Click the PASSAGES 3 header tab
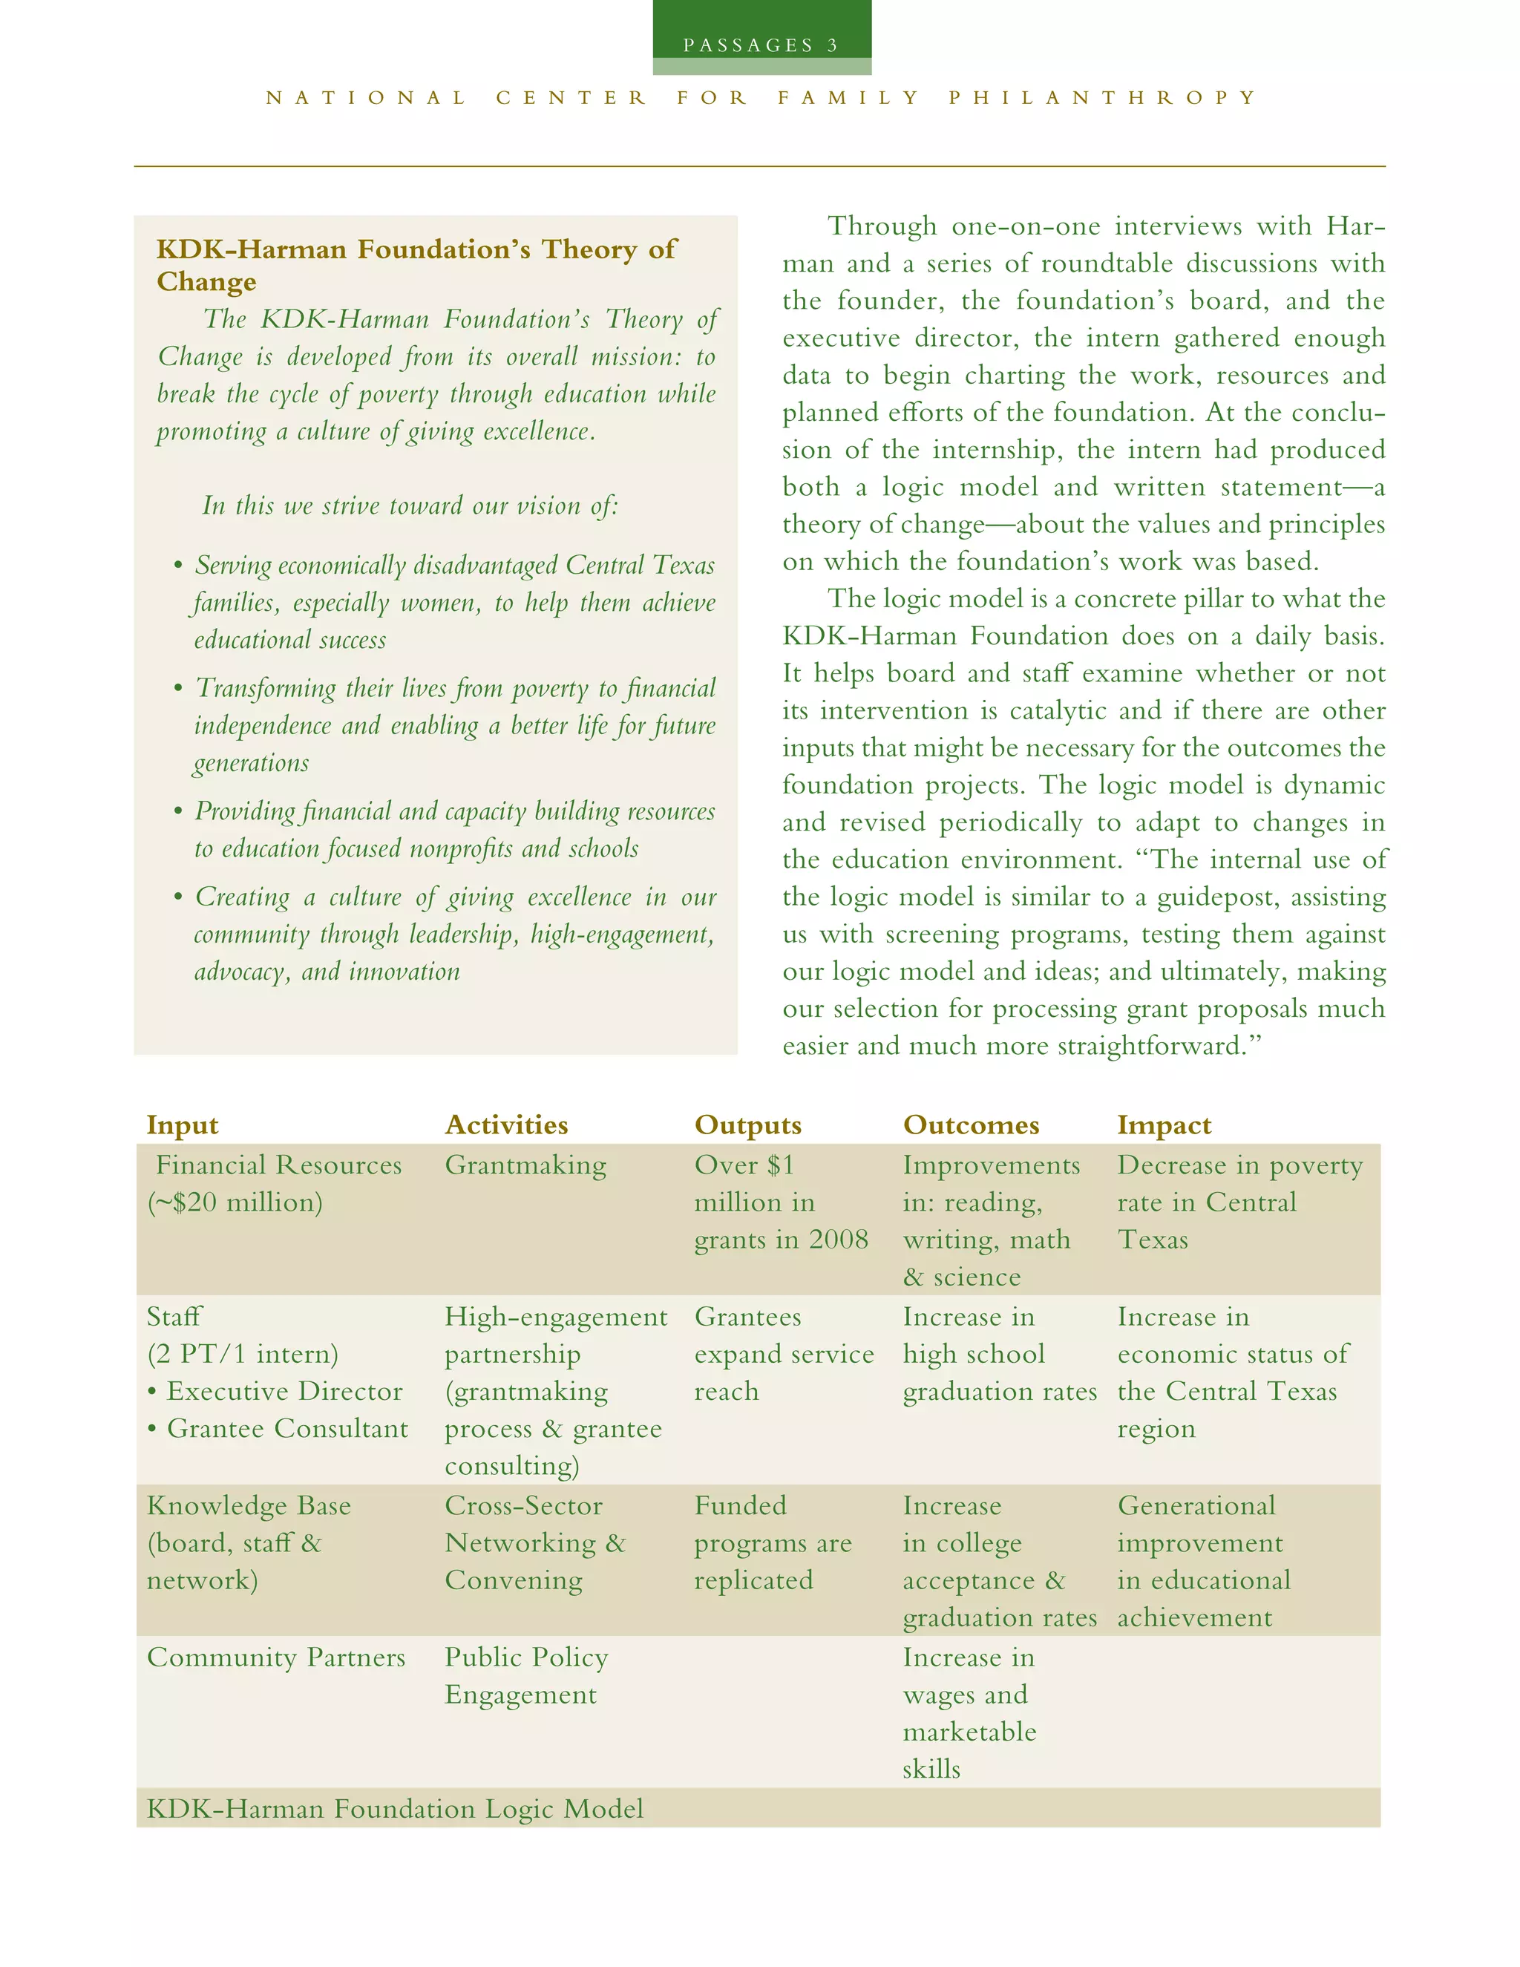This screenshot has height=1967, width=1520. (x=761, y=45)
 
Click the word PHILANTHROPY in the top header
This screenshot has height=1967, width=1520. (x=1102, y=97)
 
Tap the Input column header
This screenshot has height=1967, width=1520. (x=182, y=1125)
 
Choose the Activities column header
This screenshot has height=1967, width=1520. (x=506, y=1125)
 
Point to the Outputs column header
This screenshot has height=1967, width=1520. (x=747, y=1125)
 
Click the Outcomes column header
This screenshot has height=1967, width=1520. (x=971, y=1125)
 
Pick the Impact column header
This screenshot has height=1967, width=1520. (x=1164, y=1125)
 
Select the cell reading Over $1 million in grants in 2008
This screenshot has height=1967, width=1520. (x=780, y=1202)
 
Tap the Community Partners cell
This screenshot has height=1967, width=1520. (x=275, y=1658)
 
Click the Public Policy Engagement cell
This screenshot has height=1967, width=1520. (x=526, y=1676)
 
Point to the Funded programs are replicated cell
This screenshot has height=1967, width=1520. (x=772, y=1543)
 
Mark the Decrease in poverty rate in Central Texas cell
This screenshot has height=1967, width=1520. (x=1239, y=1202)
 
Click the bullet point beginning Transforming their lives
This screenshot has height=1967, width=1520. (x=453, y=725)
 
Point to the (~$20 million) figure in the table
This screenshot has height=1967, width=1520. (x=235, y=1203)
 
